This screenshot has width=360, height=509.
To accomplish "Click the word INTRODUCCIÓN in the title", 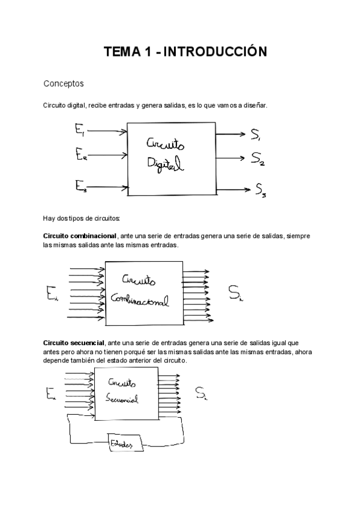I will [214, 52].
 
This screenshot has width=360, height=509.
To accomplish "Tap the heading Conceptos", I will [64, 83].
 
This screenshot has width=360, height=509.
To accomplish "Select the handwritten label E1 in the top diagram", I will [80, 128].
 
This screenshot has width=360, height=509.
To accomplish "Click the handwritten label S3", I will [260, 191].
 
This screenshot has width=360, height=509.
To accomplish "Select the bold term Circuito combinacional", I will [80, 236].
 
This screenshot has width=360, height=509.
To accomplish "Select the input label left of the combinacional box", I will [52, 294].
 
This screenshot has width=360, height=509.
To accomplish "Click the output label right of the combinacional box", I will [236, 293].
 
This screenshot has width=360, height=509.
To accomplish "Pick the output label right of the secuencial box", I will [201, 394].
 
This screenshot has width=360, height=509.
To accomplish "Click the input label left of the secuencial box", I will [51, 394].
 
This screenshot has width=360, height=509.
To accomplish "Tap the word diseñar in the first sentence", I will [256, 106].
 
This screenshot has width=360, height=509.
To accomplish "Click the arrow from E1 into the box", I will [108, 131].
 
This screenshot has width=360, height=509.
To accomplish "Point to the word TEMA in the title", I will [121, 52].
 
